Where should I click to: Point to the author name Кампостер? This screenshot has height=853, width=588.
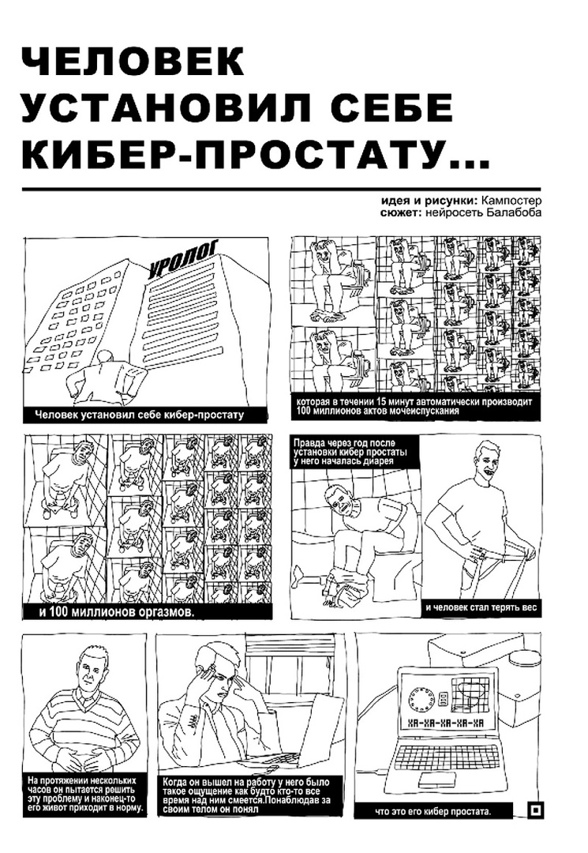tap(507, 201)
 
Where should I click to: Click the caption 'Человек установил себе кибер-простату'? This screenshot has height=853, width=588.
tap(139, 415)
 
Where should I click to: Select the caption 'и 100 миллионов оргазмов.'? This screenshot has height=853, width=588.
tap(116, 612)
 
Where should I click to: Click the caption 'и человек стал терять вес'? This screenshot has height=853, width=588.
tap(481, 607)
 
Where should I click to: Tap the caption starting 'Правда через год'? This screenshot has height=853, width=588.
tap(350, 452)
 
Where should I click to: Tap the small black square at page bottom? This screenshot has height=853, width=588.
tap(535, 810)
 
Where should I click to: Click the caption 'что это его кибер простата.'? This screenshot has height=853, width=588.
tap(433, 812)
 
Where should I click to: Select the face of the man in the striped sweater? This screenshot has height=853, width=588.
tap(88, 674)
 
